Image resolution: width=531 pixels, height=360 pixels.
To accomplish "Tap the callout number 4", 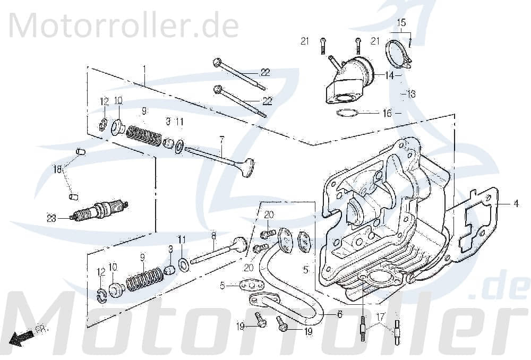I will coord(515,203).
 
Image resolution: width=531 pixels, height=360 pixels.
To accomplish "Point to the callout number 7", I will coord(222,139).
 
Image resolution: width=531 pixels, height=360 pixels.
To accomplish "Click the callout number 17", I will coord(380,318).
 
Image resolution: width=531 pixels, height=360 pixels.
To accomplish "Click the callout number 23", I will coord(51,217).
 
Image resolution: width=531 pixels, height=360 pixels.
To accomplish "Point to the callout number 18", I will coord(57,169).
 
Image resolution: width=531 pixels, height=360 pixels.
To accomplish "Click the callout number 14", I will coord(390,76).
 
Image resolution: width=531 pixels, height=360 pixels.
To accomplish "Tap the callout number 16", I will coord(387,113).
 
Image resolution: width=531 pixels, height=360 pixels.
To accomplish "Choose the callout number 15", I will coord(401,23).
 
